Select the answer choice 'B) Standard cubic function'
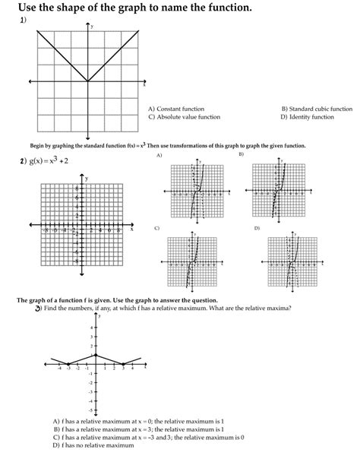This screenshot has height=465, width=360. pos(316,109)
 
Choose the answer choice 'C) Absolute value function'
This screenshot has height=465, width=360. pos(184,118)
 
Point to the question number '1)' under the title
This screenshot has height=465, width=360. pos(23,21)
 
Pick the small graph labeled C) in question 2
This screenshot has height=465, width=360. pos(196,262)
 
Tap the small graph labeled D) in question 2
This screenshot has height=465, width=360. pos(287,262)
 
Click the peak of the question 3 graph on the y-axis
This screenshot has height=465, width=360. pos(94,355)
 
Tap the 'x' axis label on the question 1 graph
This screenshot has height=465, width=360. pos(144,86)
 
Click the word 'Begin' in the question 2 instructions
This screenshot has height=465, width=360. pos(38,145)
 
